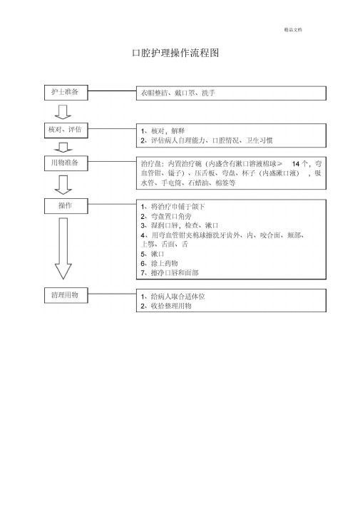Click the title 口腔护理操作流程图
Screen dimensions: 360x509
pos(175,53)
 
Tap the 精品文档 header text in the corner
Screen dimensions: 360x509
pos(293,29)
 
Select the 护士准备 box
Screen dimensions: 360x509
pos(66,93)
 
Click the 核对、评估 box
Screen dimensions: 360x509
pos(66,130)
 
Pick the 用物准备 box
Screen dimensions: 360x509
pos(66,163)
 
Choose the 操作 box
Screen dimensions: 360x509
pos(66,206)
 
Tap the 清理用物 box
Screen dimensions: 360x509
pos(66,295)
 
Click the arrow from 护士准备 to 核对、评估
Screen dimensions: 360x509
pos(63,112)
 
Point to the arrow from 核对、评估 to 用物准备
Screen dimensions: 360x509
pos(63,147)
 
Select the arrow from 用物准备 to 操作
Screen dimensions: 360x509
pos(63,185)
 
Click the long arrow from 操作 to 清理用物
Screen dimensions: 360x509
pos(63,249)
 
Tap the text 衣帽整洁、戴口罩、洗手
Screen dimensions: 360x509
pos(178,93)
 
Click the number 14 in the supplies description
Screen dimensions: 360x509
pos(296,164)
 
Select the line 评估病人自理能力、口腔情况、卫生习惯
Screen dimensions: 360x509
pos(207,140)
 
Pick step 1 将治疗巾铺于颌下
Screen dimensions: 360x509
pos(173,207)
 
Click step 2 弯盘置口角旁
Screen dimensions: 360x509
pos(166,216)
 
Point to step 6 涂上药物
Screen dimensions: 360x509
pos(159,263)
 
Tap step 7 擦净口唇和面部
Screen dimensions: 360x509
pos(170,272)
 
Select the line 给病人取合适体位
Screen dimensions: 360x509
pos(173,297)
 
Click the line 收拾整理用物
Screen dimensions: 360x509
pos(166,306)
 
